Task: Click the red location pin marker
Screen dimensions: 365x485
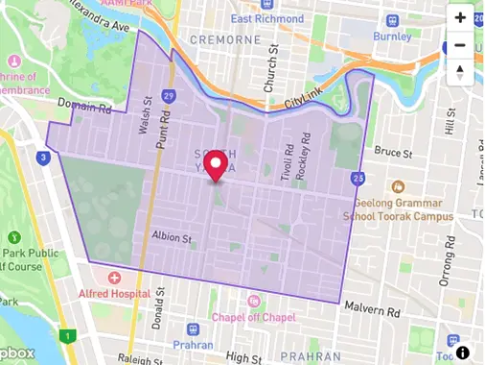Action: [217, 165]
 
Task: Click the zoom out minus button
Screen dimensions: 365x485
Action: [460, 45]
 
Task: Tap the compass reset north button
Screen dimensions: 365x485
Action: [460, 72]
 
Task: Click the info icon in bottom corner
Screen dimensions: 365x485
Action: [463, 353]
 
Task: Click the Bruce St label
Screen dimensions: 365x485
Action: [392, 152]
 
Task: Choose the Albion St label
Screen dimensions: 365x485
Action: [173, 235]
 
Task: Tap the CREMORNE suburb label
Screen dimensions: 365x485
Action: [226, 39]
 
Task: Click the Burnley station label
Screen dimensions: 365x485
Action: [391, 36]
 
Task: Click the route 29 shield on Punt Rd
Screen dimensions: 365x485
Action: [168, 96]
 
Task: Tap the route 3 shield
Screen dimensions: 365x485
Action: [43, 158]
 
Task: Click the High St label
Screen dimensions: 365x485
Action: [244, 358]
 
